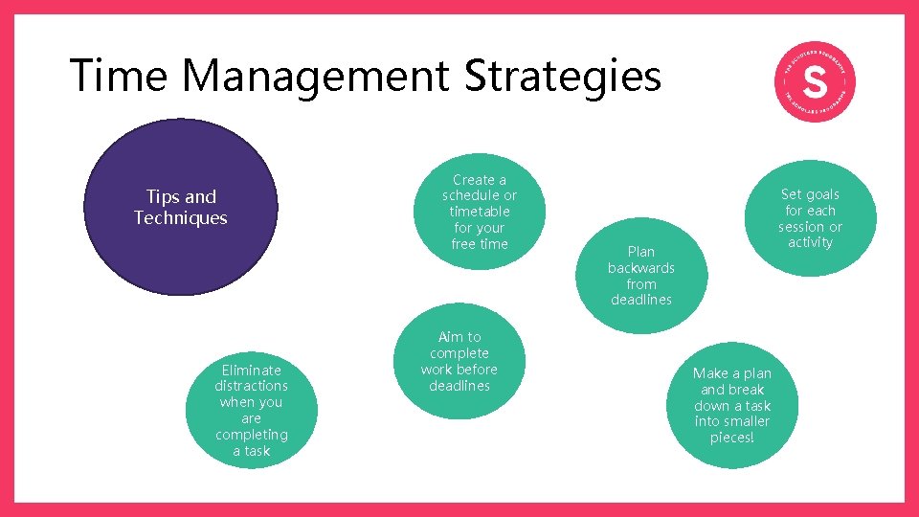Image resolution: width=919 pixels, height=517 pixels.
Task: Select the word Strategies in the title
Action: [563, 77]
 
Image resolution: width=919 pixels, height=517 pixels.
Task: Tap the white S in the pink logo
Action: [814, 83]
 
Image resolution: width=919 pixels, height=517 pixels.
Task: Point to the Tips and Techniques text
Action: [181, 207]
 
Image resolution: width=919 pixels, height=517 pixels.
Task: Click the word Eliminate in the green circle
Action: [251, 370]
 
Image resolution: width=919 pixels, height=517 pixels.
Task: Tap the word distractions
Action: [251, 386]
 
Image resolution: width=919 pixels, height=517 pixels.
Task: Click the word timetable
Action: [480, 212]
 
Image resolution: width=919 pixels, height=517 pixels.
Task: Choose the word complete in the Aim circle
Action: [459, 353]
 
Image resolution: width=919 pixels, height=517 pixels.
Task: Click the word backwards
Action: [641, 268]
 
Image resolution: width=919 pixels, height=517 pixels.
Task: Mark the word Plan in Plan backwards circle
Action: [641, 252]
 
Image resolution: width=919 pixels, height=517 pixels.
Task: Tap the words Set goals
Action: [810, 194]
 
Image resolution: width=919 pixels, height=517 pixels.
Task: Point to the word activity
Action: [811, 242]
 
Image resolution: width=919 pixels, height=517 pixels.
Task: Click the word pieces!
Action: [732, 438]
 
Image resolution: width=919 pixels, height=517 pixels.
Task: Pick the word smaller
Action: [746, 421]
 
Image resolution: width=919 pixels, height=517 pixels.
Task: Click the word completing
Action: [251, 435]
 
